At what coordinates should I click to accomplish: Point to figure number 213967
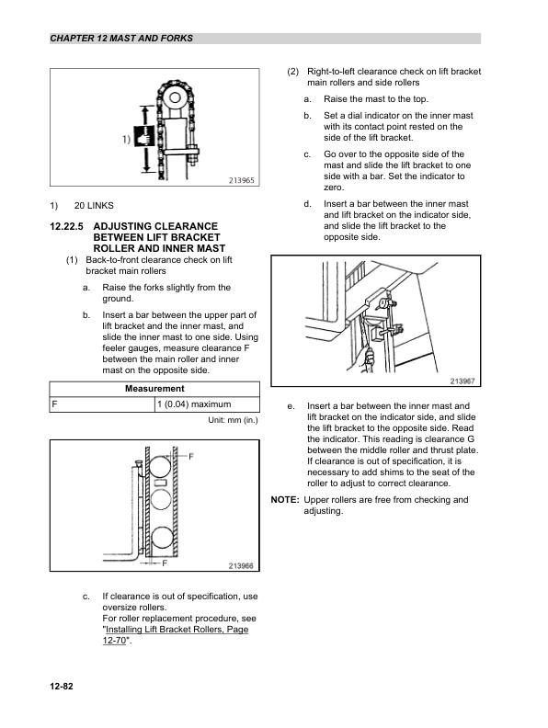468,382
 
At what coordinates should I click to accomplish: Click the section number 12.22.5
66,225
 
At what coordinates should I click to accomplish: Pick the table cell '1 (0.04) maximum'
193,404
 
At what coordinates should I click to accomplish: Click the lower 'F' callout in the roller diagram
165,561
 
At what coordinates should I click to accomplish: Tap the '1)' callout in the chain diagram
123,140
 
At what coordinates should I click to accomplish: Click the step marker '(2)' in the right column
292,72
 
